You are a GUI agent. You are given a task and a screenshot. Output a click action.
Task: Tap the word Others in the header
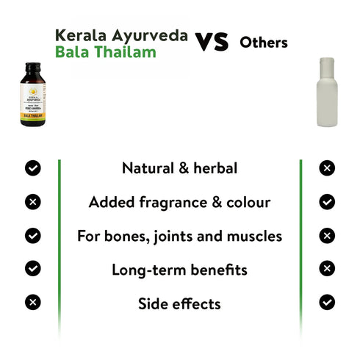point(264,43)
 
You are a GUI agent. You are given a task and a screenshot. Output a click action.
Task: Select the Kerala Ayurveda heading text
point(121,35)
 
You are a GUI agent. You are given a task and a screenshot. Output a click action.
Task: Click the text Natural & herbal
point(179,168)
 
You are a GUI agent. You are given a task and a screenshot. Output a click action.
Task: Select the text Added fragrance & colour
point(179,202)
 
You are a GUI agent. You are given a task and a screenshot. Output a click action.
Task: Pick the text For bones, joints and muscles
point(179,236)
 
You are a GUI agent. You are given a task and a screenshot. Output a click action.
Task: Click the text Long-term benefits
point(179,270)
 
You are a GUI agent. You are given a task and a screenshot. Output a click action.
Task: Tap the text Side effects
point(179,303)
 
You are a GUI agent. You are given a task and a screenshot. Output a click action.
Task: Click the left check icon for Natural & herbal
point(33,168)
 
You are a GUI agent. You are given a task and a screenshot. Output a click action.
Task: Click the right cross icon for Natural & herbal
point(327,168)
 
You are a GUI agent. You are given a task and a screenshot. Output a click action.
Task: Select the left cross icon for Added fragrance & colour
point(33,202)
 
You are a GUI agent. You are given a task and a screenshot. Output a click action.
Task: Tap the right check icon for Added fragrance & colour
point(327,202)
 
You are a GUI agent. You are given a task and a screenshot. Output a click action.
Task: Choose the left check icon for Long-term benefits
point(33,269)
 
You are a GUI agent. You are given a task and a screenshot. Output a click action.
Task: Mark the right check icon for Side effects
point(327,302)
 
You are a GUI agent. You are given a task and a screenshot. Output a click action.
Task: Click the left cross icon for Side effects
point(33,302)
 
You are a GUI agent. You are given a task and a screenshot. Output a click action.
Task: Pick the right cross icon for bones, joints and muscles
point(327,236)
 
